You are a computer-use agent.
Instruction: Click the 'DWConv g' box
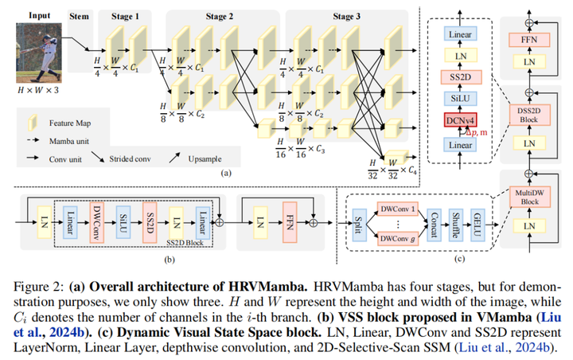pos(400,240)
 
